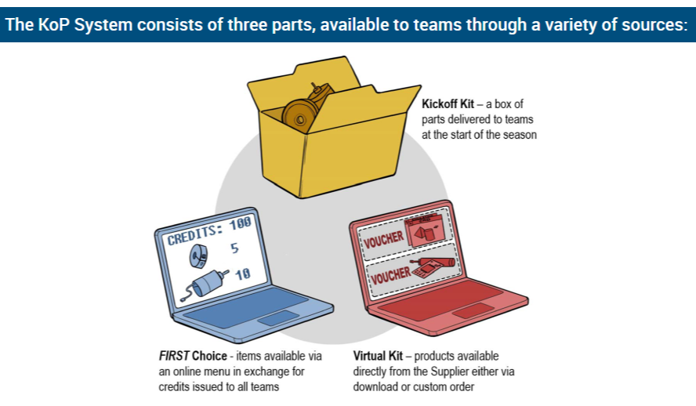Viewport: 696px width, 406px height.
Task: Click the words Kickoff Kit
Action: tap(447, 104)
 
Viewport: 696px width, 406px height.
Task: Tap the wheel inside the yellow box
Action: tap(298, 116)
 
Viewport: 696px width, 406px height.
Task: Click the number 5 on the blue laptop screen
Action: tap(233, 250)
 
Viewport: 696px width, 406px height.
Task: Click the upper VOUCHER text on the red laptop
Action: tap(383, 239)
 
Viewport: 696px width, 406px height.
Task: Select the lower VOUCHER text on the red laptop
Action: tap(390, 275)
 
